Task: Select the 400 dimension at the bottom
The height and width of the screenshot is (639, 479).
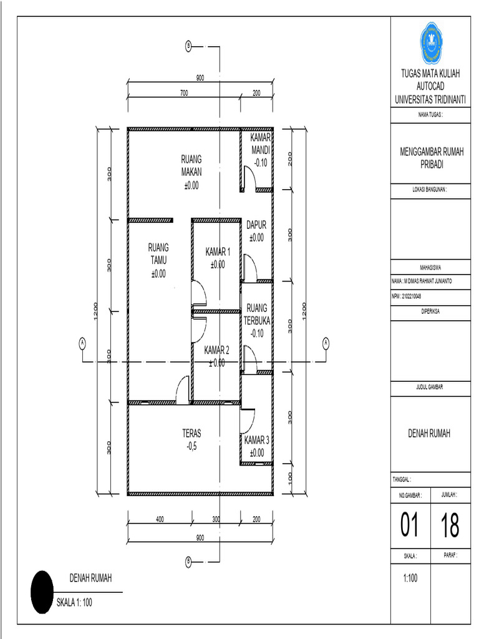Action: [x=160, y=519]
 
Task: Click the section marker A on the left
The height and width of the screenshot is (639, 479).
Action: [x=82, y=342]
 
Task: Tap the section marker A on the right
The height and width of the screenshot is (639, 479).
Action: [x=325, y=342]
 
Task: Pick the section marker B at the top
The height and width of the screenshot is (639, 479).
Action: [x=188, y=46]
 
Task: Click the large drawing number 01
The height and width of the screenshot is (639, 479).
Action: [x=410, y=526]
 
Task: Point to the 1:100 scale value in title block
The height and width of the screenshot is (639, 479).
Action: [x=410, y=578]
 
